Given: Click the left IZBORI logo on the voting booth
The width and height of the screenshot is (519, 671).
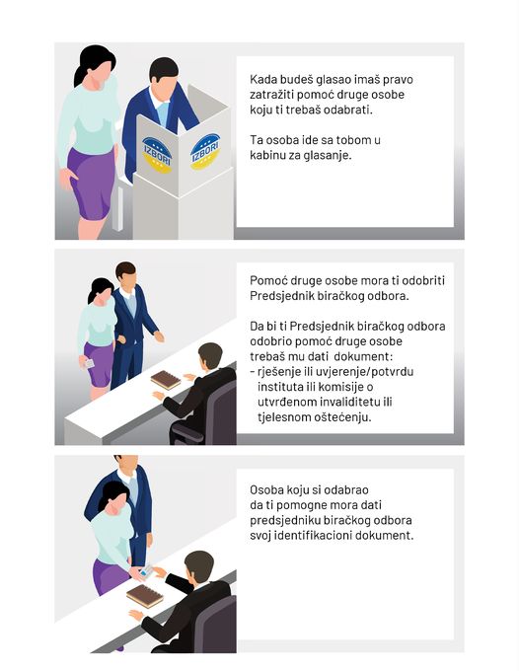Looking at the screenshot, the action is pyautogui.click(x=157, y=155).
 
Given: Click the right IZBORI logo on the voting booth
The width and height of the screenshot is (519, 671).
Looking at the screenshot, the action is pyautogui.click(x=205, y=151).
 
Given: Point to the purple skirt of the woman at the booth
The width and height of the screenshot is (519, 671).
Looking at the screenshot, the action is pyautogui.click(x=91, y=184).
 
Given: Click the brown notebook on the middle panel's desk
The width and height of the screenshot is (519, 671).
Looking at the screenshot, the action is pyautogui.click(x=166, y=380).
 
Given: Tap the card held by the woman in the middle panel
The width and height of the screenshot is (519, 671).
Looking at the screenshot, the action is pyautogui.click(x=88, y=364).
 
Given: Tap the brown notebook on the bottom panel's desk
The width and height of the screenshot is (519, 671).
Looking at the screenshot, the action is pyautogui.click(x=145, y=596).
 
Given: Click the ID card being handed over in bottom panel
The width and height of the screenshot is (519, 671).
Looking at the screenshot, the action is pyautogui.click(x=146, y=571).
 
